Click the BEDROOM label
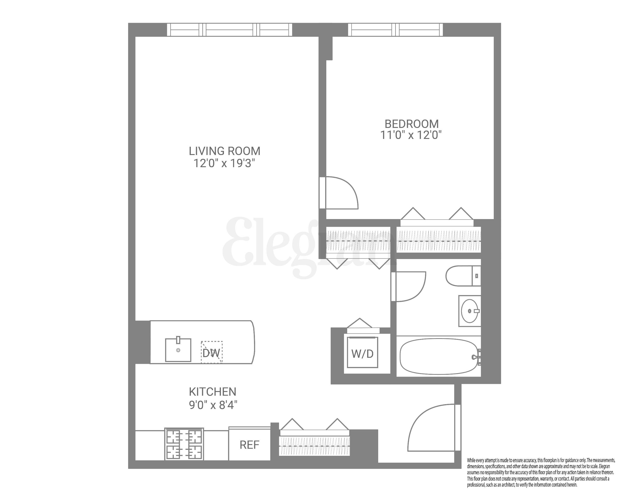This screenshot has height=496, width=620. (411, 124)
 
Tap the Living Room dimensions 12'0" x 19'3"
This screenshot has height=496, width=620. (224, 163)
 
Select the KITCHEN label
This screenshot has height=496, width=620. (212, 392)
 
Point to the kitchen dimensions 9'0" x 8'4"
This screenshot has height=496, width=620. (213, 405)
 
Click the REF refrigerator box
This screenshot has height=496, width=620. (249, 445)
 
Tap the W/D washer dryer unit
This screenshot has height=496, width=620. (362, 353)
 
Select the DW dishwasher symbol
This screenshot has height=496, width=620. (212, 352)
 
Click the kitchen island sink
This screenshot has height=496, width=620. (178, 350)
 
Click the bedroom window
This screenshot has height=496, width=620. (395, 30)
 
